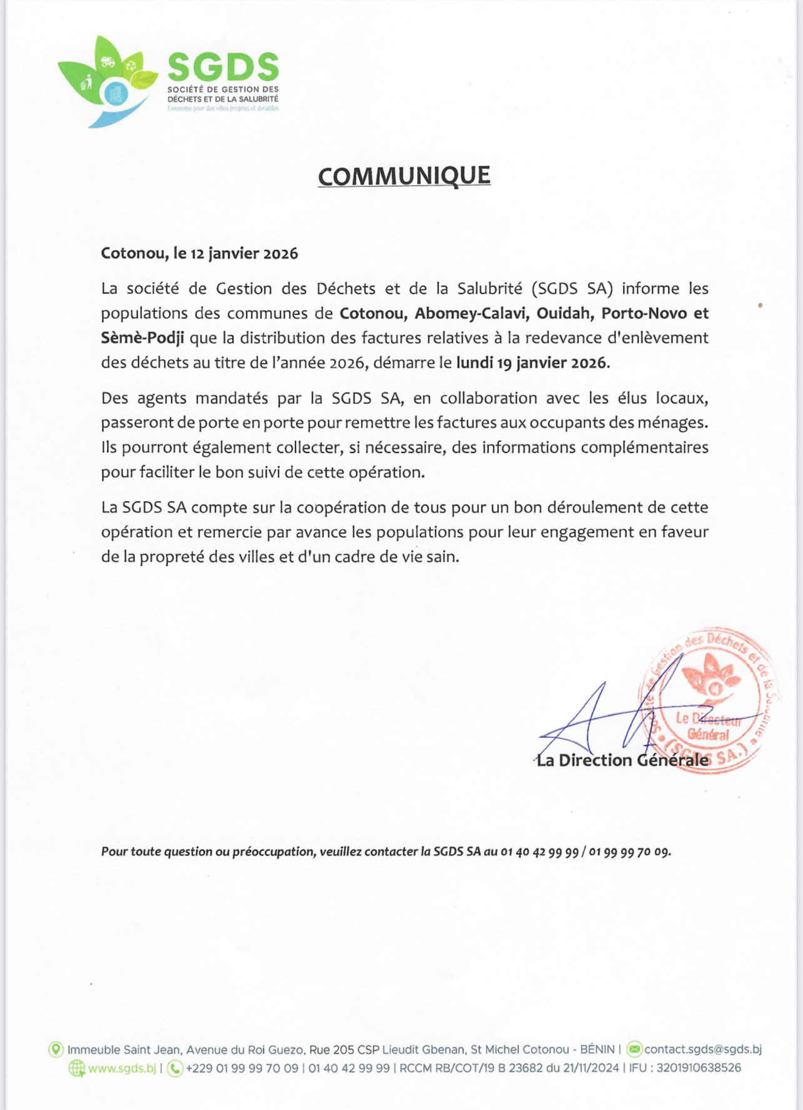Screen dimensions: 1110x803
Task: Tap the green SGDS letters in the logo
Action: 223,66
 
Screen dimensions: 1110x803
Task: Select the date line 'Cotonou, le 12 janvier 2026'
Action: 199,253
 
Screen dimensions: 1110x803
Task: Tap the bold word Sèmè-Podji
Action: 143,338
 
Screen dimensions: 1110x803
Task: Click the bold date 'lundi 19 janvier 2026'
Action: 532,363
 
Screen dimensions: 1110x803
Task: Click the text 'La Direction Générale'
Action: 622,760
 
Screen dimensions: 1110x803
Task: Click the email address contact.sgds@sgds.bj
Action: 703,1049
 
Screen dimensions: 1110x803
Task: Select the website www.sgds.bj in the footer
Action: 122,1068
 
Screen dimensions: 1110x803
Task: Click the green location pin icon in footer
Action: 56,1049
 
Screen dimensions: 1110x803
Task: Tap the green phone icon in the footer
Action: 176,1068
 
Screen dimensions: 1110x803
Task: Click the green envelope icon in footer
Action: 634,1049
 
